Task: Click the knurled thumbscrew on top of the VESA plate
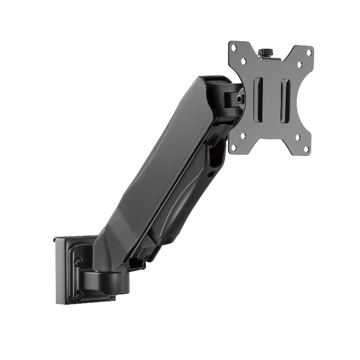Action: pyautogui.click(x=267, y=52)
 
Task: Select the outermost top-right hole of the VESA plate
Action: pyautogui.click(x=309, y=52)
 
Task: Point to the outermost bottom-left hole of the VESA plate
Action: pyautogui.click(x=233, y=147)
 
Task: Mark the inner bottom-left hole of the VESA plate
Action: pyautogui.click(x=243, y=136)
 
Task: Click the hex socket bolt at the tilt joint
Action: pyautogui.click(x=240, y=99)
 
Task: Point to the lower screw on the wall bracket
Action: pyautogui.click(x=78, y=295)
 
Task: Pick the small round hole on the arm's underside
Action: pyautogui.click(x=211, y=174)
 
